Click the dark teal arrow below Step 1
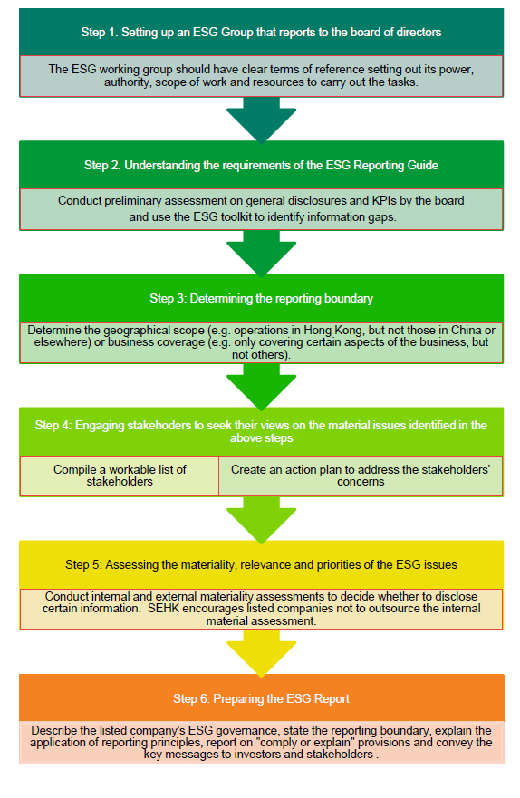click(261, 120)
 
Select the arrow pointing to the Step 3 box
click(261, 254)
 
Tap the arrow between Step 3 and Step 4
click(261, 387)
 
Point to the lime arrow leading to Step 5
click(261, 520)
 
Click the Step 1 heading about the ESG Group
click(261, 32)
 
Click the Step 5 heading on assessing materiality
click(261, 565)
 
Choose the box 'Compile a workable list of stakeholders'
click(120, 476)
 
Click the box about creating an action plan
click(361, 476)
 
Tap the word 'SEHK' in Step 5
click(164, 609)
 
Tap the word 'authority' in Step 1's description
click(128, 82)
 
